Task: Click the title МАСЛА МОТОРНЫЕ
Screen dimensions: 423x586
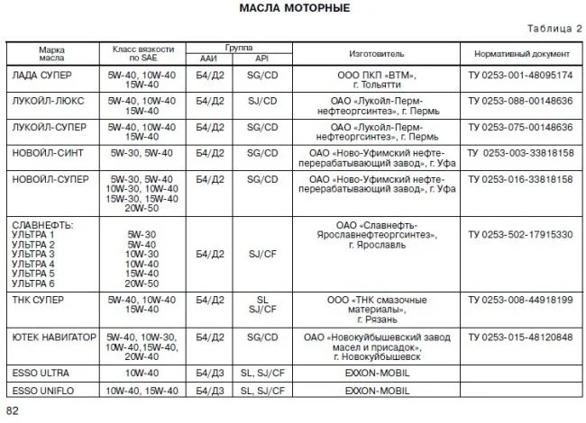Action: point(295,8)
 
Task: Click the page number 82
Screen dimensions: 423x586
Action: point(13,410)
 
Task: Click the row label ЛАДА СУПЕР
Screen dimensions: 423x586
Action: point(41,76)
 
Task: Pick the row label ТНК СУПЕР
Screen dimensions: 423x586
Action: point(41,298)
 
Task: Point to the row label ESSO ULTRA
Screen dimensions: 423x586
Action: point(41,372)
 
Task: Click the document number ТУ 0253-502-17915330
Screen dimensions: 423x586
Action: point(520,234)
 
